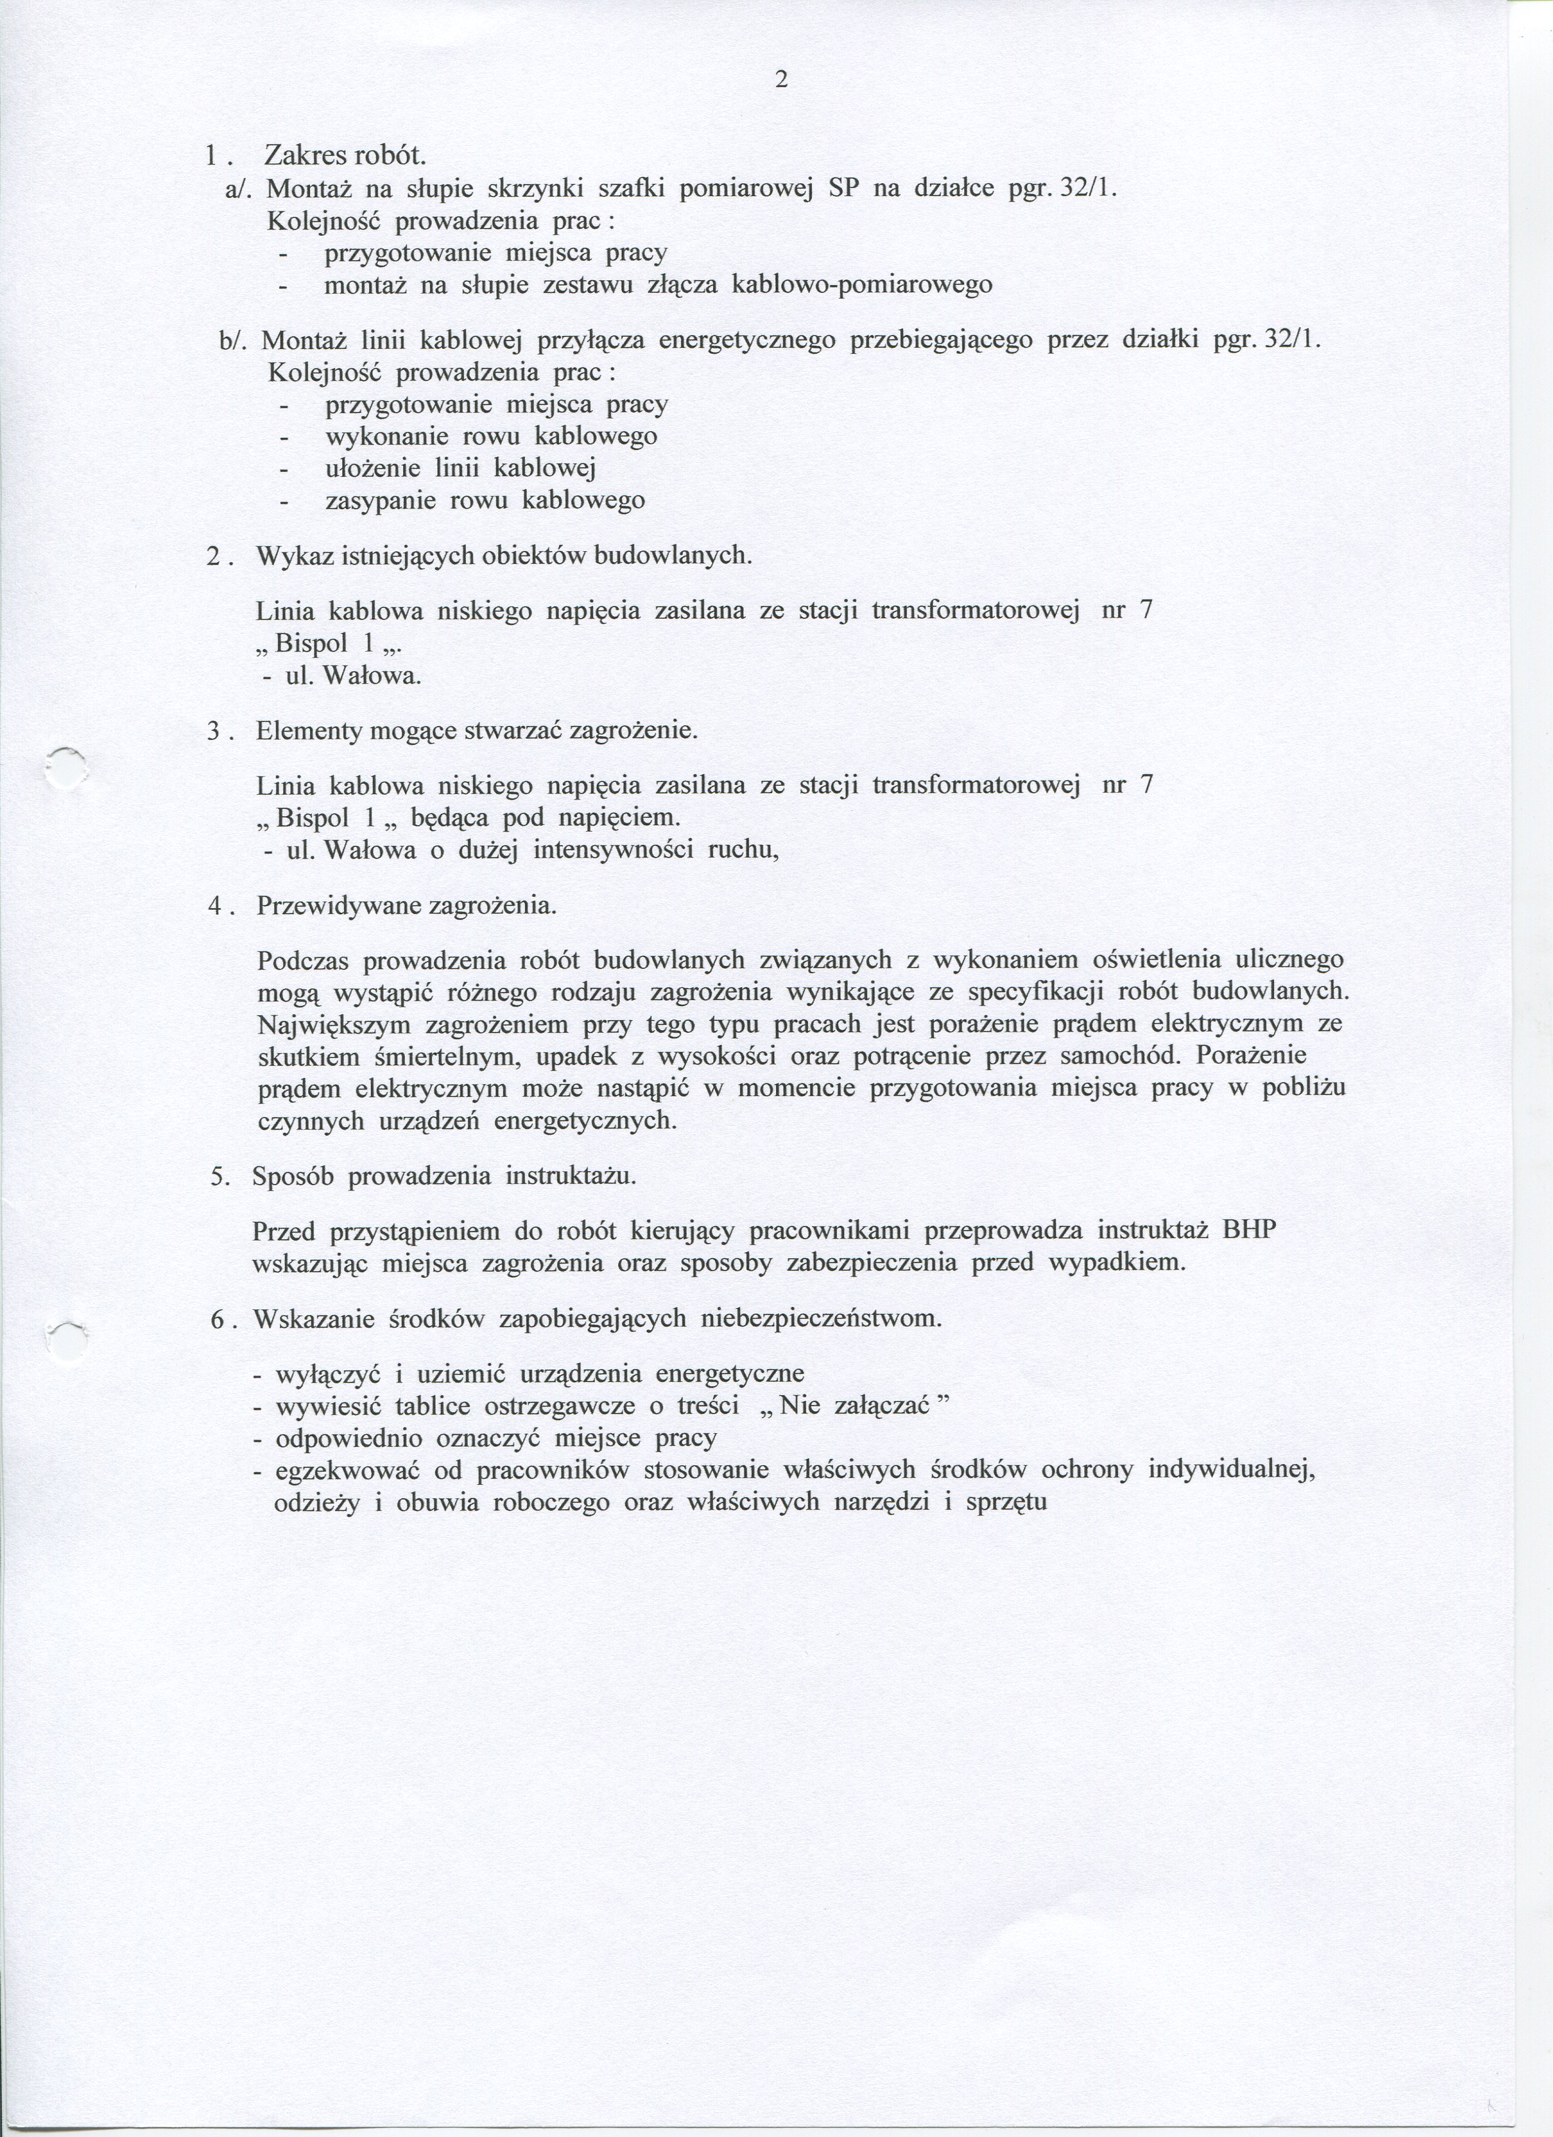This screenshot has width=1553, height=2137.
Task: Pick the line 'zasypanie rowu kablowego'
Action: pos(484,501)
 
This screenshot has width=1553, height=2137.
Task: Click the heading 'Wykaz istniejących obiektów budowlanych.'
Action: pos(504,556)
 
